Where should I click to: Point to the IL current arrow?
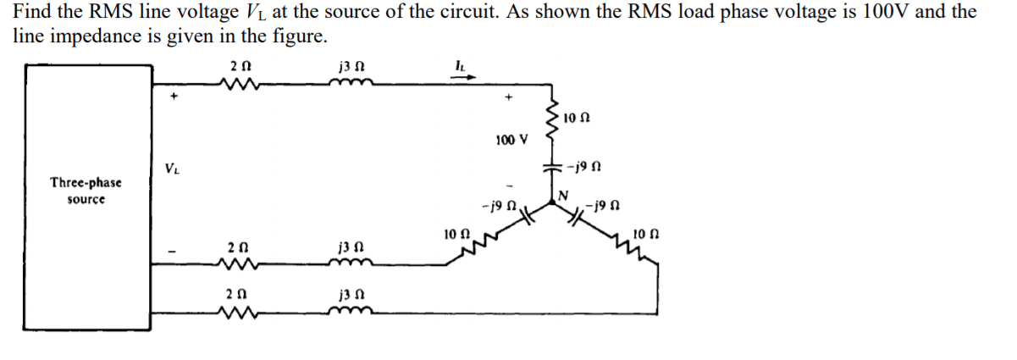point(467,76)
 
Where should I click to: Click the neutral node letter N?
point(561,196)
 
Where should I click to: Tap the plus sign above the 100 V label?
point(509,98)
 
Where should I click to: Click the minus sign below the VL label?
point(173,251)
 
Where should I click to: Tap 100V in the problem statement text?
point(878,12)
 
